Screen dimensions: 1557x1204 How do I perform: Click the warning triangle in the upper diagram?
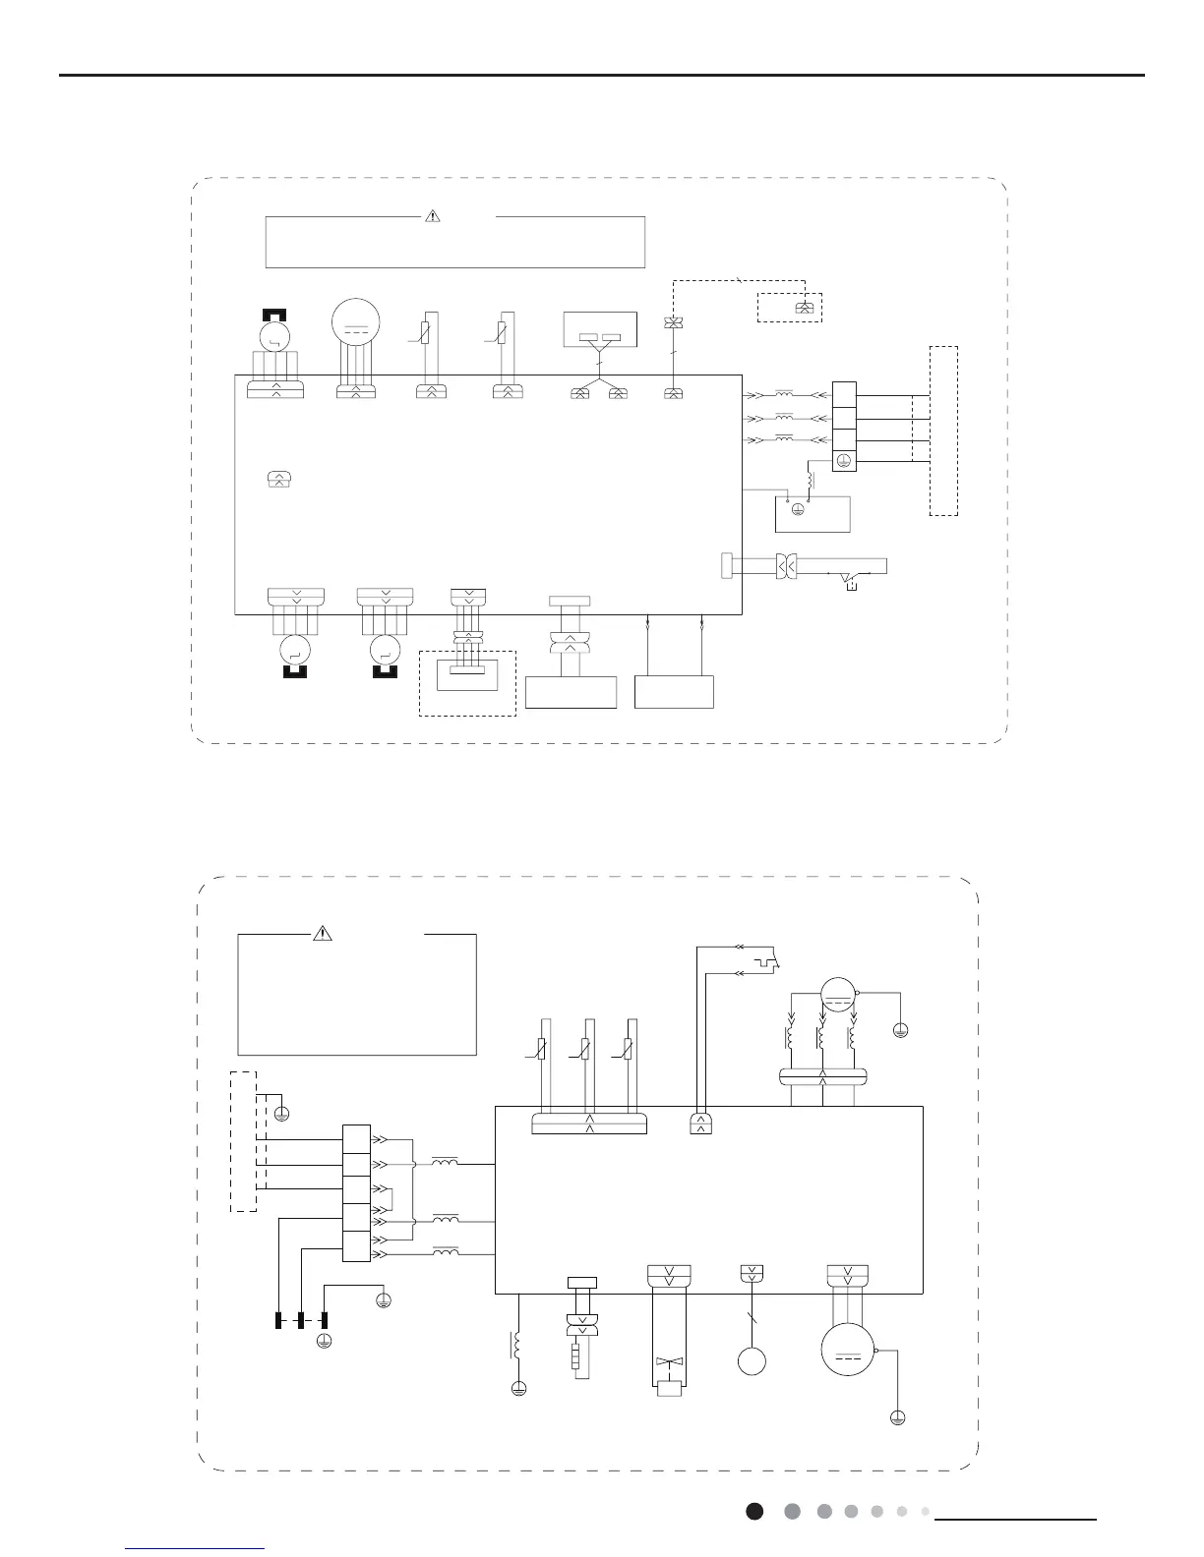pos(432,216)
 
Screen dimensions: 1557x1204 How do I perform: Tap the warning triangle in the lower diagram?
pos(323,934)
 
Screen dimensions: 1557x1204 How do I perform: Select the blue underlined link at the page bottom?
pos(196,1548)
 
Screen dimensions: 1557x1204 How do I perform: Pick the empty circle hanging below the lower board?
pos(751,1361)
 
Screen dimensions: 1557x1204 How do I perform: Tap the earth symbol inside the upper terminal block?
pos(844,460)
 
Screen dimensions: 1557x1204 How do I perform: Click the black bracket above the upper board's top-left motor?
pos(275,315)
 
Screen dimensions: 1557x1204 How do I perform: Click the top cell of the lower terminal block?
pos(356,1138)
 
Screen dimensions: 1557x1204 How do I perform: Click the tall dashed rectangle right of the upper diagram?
pos(943,431)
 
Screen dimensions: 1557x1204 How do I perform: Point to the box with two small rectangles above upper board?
pos(600,329)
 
